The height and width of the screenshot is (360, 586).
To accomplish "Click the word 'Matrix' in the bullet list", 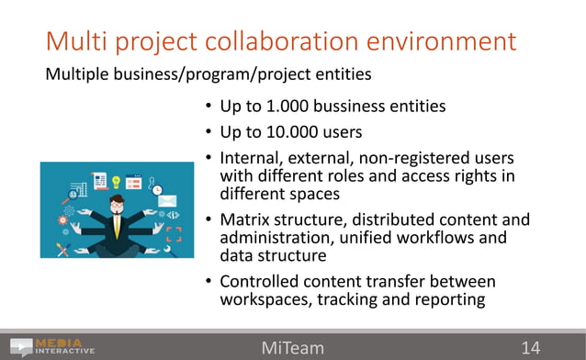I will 246,220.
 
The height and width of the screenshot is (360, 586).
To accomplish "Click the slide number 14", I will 530,348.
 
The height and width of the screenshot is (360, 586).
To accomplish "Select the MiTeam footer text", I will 292,348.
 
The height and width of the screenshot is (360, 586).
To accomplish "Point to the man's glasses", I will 116,206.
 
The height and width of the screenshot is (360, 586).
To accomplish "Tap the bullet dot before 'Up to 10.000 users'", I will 209,132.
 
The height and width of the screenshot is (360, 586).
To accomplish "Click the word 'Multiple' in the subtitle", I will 75,73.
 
